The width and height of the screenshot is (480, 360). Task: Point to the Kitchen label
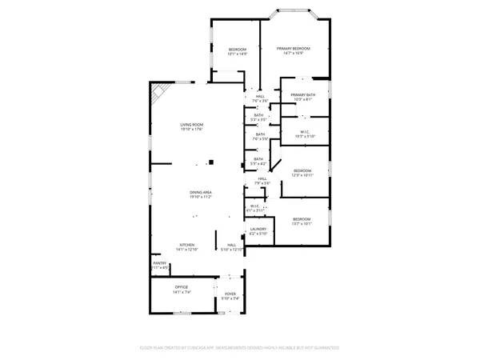click(186, 247)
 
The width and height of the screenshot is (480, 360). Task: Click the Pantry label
click(160, 266)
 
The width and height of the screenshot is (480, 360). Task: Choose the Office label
click(182, 289)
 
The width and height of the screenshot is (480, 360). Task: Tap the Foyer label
click(231, 295)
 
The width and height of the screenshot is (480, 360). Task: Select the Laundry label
click(258, 231)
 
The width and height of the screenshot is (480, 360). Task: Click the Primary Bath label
click(303, 98)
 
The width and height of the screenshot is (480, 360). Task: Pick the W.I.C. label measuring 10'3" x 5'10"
click(305, 134)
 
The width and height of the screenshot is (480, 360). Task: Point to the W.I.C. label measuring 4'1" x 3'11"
click(254, 208)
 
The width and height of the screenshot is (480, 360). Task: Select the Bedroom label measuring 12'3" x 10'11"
click(302, 173)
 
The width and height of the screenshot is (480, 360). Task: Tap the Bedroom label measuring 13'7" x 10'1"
click(302, 221)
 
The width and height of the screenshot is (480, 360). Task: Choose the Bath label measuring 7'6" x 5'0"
click(259, 137)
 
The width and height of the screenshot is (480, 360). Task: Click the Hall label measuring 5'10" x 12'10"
click(231, 247)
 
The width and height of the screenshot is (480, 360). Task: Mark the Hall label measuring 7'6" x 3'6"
click(260, 98)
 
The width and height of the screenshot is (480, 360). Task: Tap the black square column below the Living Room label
click(212, 162)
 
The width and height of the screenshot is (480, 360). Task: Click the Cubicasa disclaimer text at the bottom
click(240, 348)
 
